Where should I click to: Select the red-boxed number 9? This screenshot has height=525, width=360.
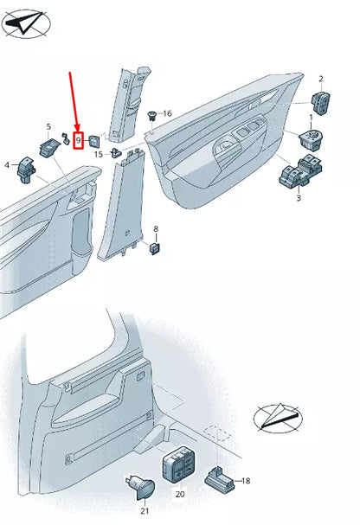point(78,138)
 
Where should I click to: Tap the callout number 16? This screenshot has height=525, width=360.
point(167,113)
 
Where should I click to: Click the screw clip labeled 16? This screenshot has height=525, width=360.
point(152,114)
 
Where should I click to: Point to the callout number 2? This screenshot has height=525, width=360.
point(320,79)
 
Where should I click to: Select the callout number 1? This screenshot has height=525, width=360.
point(312,116)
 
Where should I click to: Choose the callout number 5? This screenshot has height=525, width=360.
point(48,126)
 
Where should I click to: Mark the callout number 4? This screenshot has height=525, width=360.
point(7,164)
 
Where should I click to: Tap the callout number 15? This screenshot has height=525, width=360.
point(100,154)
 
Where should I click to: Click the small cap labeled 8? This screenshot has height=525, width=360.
point(156,247)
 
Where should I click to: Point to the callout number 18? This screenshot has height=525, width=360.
point(245,480)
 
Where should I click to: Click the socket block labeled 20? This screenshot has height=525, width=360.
point(180,467)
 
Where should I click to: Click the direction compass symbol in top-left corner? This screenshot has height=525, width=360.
point(24,23)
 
